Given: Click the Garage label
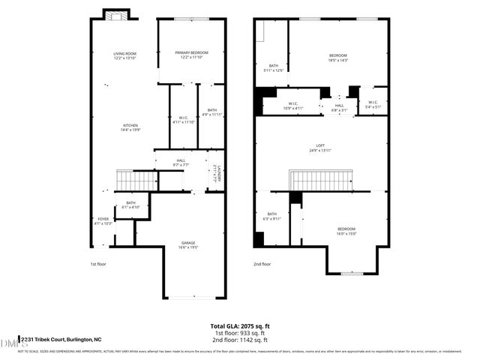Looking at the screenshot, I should [188, 244].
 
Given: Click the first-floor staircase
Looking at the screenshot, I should [134, 181].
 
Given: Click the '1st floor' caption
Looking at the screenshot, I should [98, 265].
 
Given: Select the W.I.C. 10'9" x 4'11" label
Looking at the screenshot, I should [293, 106].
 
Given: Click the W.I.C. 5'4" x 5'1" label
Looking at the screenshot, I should [373, 106].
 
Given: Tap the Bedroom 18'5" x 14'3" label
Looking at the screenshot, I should [338, 58].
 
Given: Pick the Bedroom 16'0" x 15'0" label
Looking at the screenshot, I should [346, 230].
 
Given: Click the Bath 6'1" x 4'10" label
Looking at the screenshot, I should [131, 205].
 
